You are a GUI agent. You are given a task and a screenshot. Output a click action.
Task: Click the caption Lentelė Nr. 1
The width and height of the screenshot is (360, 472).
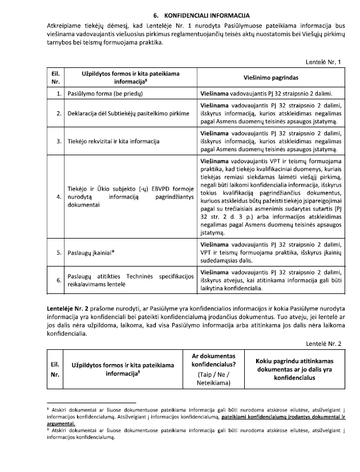(x=325, y=61)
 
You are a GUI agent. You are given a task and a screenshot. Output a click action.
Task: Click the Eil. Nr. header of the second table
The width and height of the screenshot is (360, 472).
(x=55, y=369)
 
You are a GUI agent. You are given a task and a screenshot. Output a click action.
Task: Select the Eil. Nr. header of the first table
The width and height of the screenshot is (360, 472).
(x=55, y=77)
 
